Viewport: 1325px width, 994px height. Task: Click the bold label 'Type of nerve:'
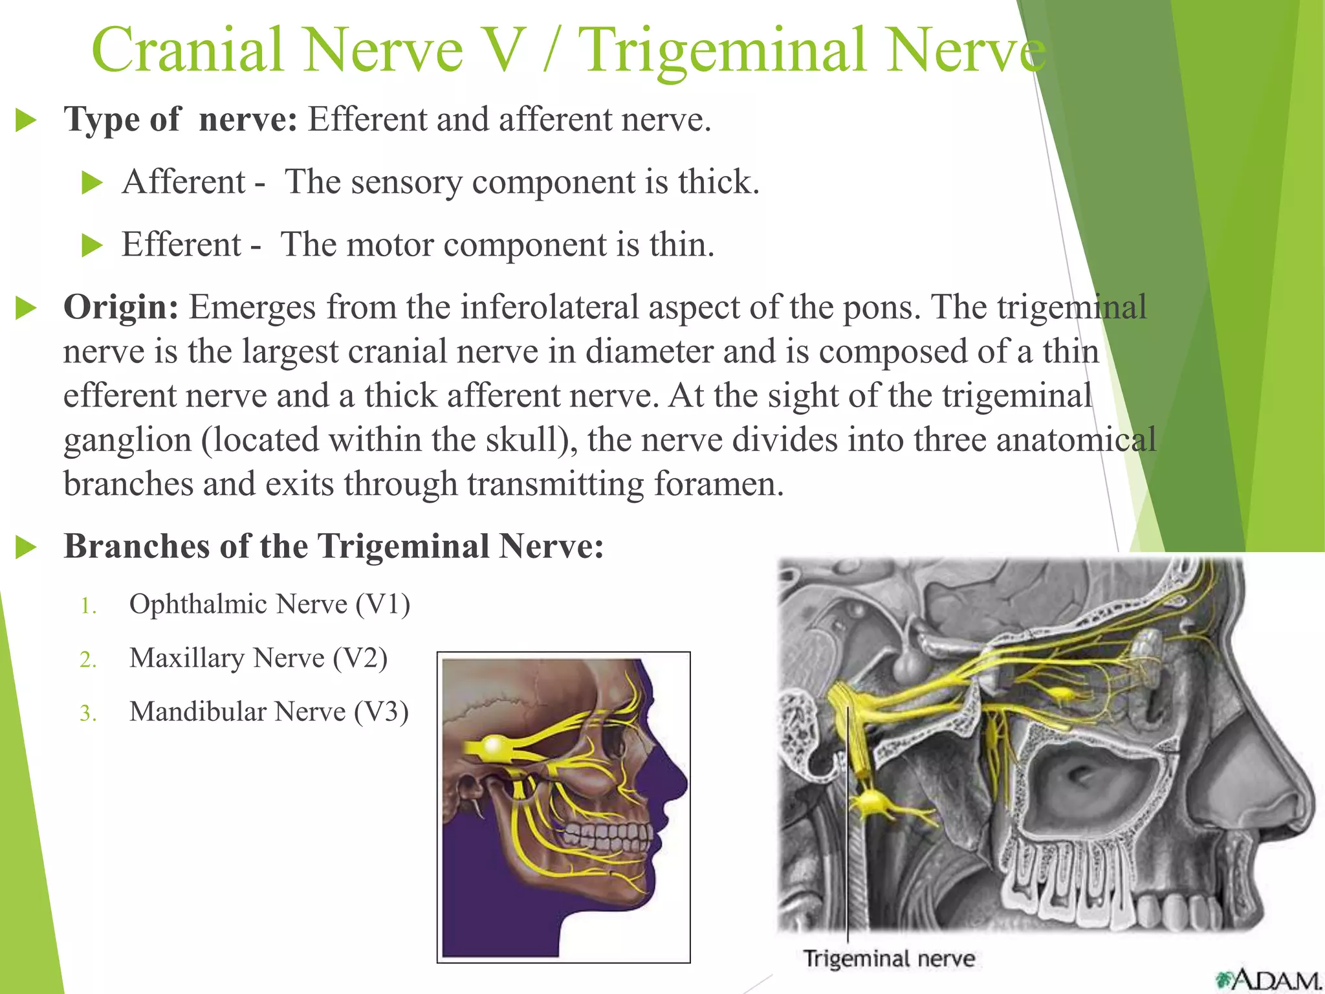point(180,120)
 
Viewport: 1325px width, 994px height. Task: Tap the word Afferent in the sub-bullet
point(184,182)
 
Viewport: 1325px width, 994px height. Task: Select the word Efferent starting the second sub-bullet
point(181,245)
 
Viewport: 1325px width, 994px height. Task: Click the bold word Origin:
point(120,307)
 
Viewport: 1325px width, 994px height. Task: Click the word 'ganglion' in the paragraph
point(127,441)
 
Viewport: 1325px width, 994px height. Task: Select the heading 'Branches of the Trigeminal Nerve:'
point(333,546)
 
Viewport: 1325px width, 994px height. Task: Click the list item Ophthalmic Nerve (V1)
point(269,604)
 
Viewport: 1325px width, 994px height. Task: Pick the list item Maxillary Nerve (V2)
point(258,658)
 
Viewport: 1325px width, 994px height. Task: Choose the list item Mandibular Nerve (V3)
point(268,712)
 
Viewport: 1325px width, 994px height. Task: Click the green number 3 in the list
point(87,714)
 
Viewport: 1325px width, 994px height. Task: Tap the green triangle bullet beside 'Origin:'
point(26,308)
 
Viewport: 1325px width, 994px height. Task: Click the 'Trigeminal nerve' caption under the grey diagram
point(888,959)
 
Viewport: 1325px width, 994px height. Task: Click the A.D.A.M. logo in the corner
point(1268,979)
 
